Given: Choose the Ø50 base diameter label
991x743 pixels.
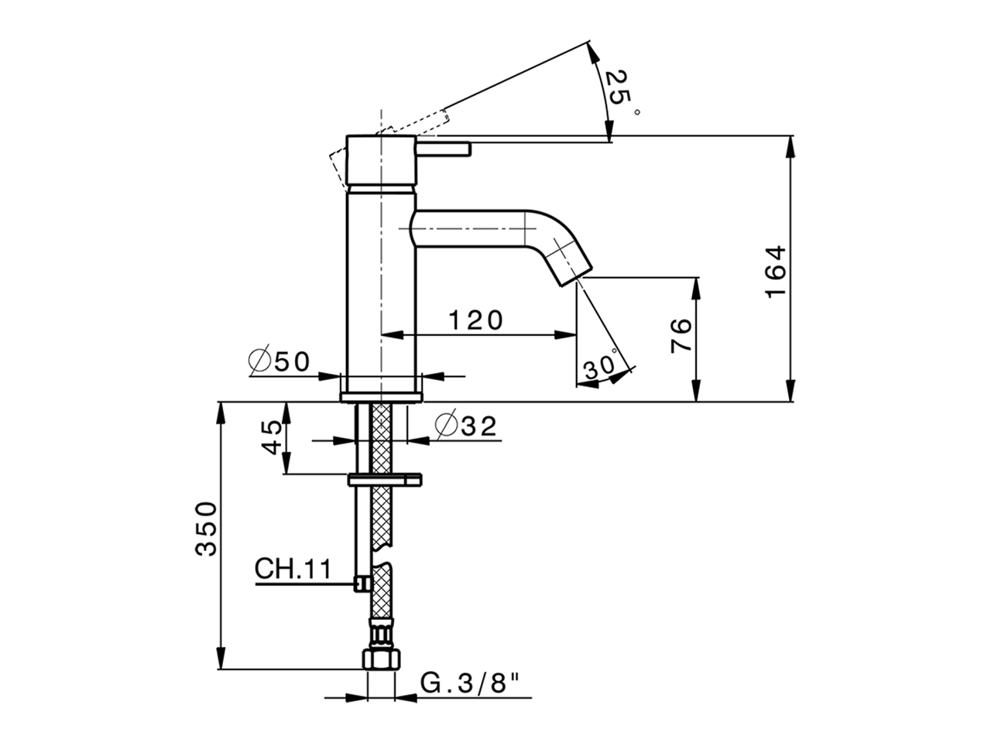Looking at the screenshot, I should [x=279, y=361].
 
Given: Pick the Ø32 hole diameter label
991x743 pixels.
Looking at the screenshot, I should [x=465, y=426].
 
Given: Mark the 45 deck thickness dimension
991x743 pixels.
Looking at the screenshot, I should [x=271, y=437].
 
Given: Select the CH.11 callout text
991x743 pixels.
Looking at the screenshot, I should [x=293, y=569].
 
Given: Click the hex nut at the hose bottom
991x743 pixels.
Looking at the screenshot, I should [x=381, y=659].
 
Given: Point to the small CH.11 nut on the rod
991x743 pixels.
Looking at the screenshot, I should [x=360, y=584].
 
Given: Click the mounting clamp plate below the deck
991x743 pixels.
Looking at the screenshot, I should [x=385, y=480].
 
